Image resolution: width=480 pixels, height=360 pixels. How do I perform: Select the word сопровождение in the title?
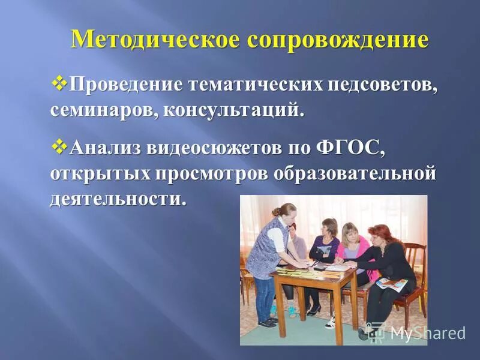click(x=337, y=40)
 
